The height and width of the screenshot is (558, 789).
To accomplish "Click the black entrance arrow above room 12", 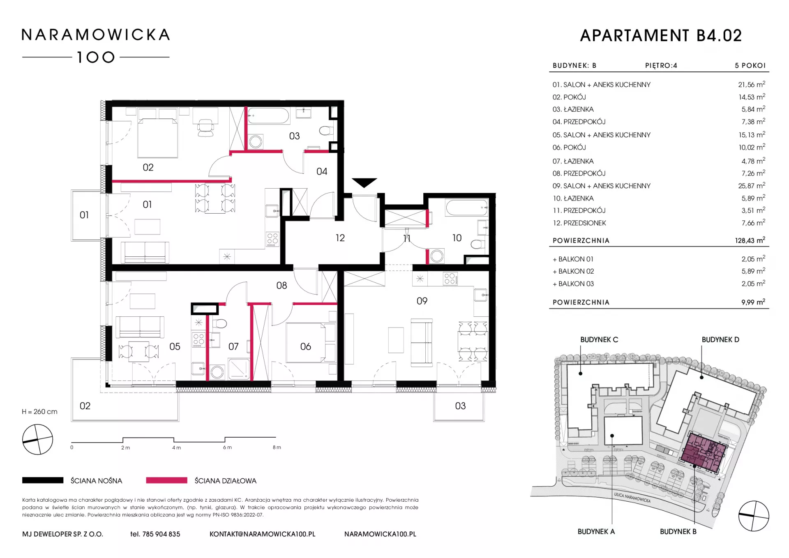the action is point(364,182).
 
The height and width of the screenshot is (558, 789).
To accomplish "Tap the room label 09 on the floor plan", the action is point(422,301).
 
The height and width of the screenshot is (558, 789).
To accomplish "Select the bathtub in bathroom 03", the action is point(268,115).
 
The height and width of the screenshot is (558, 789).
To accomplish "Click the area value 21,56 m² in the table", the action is point(751,84).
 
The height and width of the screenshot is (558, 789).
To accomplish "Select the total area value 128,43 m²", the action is point(750,240).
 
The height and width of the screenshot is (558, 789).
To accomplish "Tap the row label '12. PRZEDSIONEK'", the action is point(579,223).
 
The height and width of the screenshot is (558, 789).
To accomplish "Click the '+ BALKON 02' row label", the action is point(573,271).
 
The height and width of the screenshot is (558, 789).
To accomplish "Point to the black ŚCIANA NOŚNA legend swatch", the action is point(43,480).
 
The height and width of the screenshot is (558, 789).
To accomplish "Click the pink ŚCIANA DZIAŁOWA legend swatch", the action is point(166,480).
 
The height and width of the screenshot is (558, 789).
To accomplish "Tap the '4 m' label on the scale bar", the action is point(176,447).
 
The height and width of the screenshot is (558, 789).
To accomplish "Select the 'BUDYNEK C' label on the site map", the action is point(599,340).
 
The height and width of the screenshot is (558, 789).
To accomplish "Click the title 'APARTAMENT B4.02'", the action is point(661,36).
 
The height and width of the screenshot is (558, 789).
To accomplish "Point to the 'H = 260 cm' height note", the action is point(39,412).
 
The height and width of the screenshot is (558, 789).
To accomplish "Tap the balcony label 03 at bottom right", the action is point(460,406).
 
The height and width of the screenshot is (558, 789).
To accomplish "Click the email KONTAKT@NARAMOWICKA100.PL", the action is point(262,534).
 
